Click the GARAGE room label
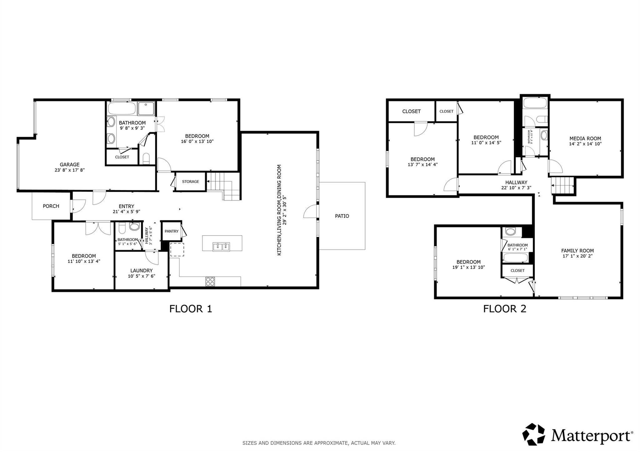69,164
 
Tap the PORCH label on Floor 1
51,206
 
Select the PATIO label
342,216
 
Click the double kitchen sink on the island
221,246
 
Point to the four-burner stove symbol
210,281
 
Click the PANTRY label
171,231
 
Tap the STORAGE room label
190,181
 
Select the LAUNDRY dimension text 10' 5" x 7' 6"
141,276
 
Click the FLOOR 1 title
191,309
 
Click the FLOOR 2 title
505,309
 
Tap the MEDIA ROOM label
585,138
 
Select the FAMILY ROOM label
577,251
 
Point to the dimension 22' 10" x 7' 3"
516,188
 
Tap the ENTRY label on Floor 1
126,206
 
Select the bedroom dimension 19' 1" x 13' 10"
468,267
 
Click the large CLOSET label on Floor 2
411,111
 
